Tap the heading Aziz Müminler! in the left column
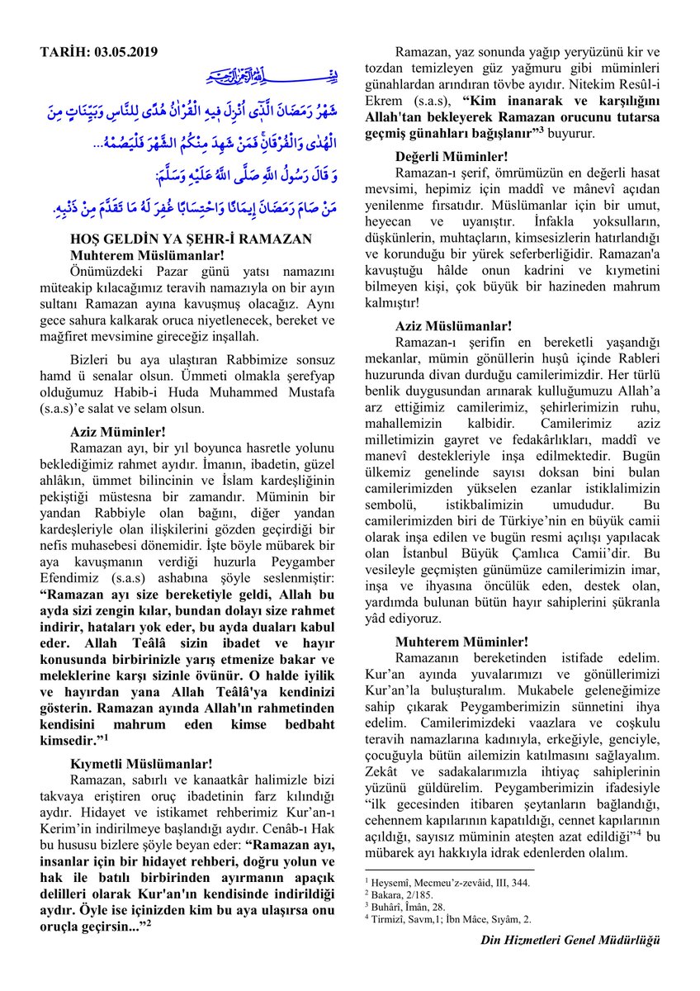pos(118,430)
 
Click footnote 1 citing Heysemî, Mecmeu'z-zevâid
pos(447,882)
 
